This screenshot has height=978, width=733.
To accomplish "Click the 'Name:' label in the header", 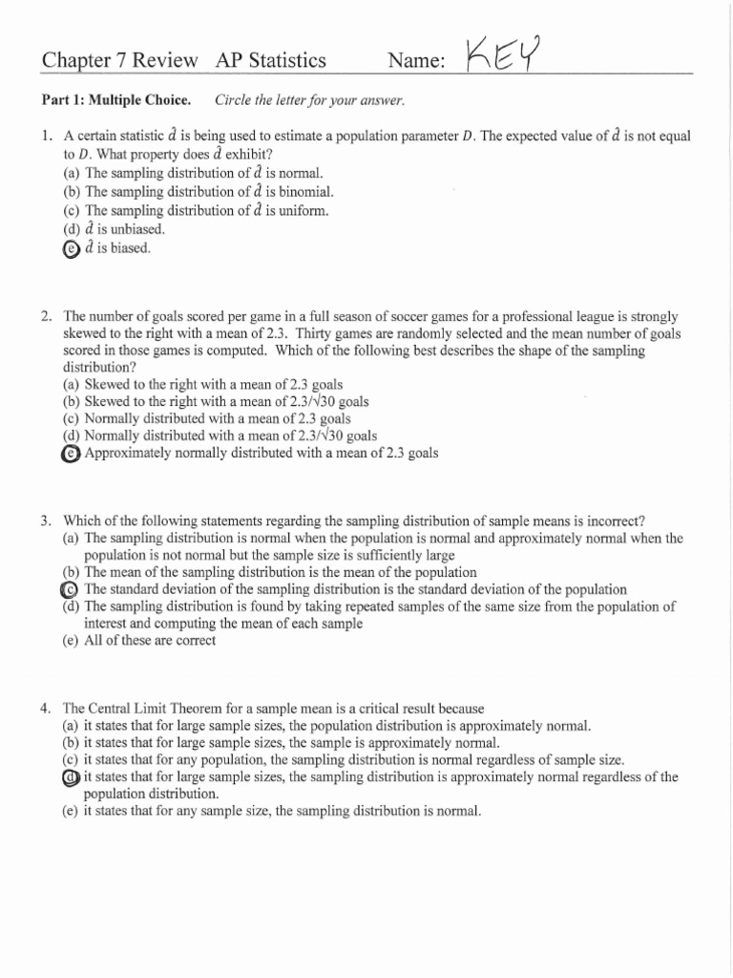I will click(x=417, y=61).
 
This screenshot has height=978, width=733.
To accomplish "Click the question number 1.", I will click(x=45, y=137).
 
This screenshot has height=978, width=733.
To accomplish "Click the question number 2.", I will click(x=45, y=314).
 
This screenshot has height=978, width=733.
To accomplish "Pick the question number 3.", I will click(x=45, y=521).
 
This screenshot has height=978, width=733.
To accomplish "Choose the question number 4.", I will click(x=45, y=709).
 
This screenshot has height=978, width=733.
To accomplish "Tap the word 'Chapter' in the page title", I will click(x=72, y=61).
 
